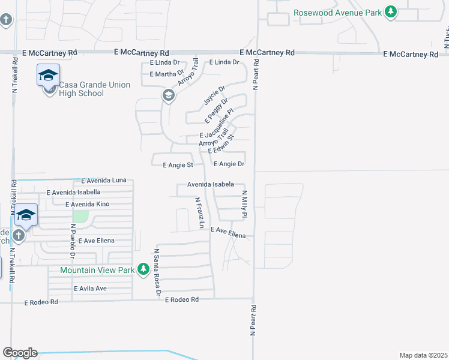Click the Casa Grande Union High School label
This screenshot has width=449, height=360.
[94, 89]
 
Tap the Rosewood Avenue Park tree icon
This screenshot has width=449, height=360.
[391, 13]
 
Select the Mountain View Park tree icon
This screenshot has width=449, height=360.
[143, 270]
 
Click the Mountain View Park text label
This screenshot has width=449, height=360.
[97, 270]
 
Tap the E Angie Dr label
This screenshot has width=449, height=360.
[229, 164]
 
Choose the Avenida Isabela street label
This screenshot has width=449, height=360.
[210, 185]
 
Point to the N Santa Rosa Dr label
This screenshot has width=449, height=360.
[157, 272]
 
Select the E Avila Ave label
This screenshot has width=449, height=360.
[90, 289]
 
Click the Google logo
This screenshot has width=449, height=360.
[20, 353]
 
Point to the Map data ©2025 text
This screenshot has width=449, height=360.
[423, 355]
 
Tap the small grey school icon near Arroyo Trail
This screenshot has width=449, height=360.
[169, 95]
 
